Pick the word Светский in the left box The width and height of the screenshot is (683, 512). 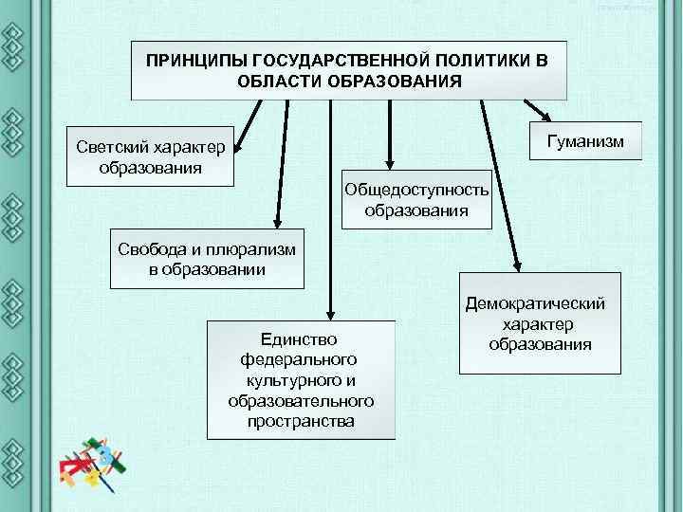pyautogui.click(x=116, y=149)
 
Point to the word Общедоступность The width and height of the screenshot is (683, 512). pyautogui.click(x=417, y=190)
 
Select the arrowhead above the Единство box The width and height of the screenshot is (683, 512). pyautogui.click(x=328, y=312)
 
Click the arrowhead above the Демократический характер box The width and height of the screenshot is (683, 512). pyautogui.click(x=518, y=266)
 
